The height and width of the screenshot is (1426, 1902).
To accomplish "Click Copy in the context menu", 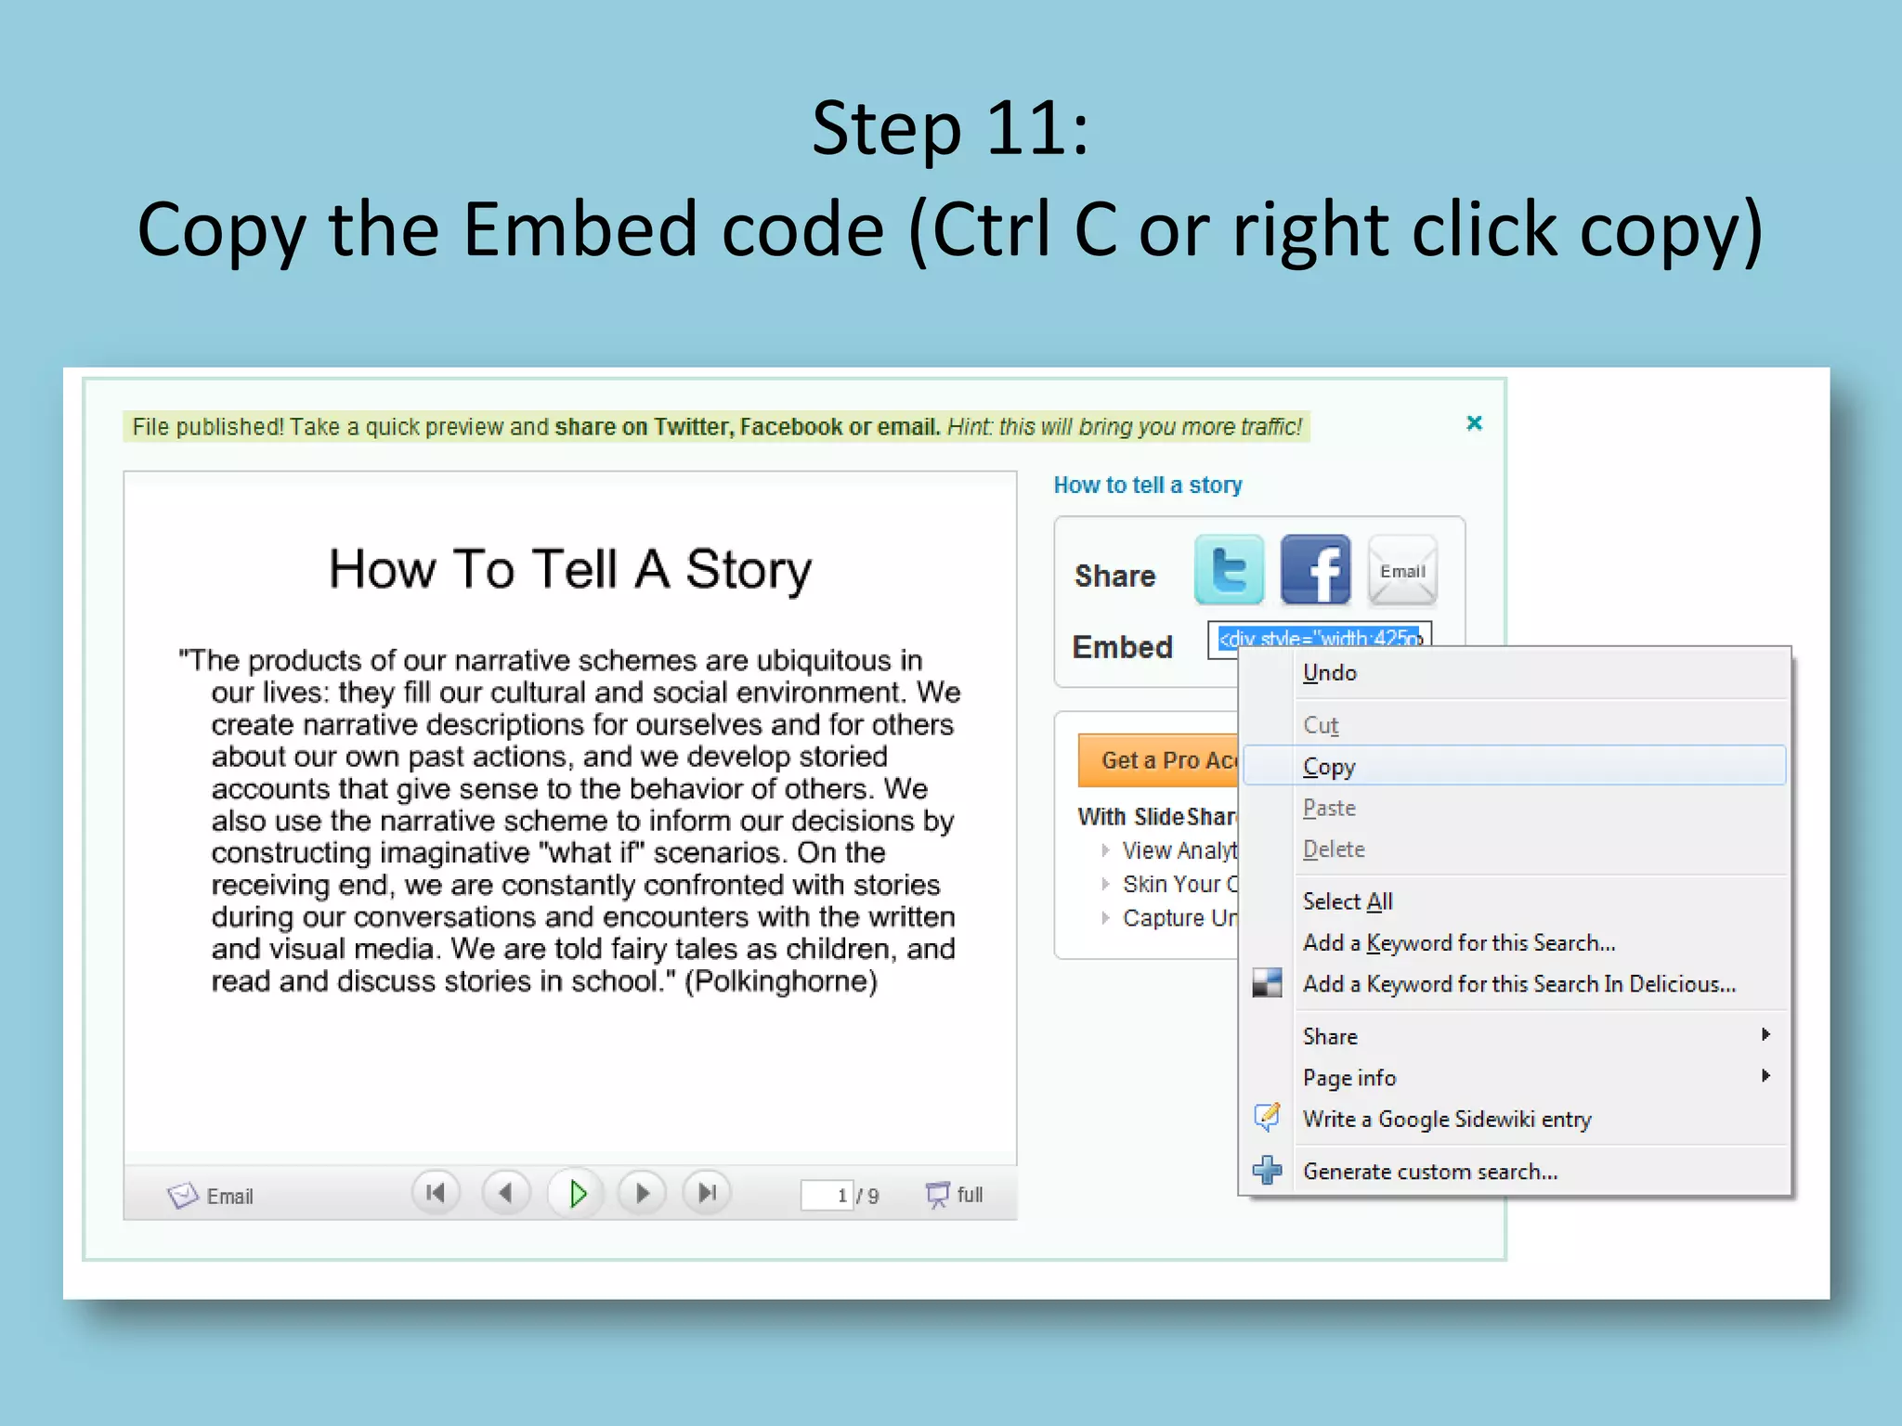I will (1329, 767).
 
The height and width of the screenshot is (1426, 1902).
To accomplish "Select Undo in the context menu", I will (1329, 673).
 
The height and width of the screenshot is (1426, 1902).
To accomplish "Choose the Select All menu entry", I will (1348, 901).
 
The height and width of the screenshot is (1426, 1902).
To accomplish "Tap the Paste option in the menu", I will (1329, 809).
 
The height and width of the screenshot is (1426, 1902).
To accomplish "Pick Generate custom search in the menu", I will (1429, 1172).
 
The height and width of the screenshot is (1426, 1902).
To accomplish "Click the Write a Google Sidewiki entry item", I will (1446, 1120).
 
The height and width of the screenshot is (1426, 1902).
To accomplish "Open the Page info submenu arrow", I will (1765, 1076).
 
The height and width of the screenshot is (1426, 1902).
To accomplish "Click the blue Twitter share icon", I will (1229, 570).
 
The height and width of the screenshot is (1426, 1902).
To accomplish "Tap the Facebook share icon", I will (1315, 570).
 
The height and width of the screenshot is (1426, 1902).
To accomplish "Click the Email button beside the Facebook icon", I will (1402, 571).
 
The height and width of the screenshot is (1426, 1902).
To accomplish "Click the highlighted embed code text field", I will (1319, 639).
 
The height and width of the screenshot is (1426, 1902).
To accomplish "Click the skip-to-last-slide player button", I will (708, 1193).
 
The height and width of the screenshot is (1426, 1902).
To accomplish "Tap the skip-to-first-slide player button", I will (436, 1193).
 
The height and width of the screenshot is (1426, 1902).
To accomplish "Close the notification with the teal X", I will (1474, 423).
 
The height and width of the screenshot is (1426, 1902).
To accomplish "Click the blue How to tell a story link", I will (1147, 485).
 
